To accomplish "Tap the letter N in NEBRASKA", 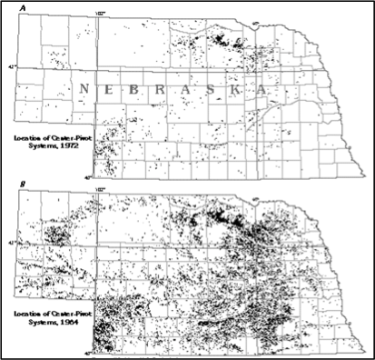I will click(x=84, y=89).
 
